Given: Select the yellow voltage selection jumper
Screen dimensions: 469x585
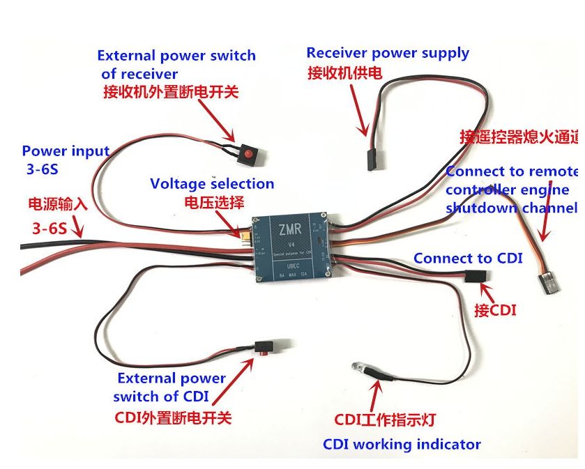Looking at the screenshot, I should [245, 240].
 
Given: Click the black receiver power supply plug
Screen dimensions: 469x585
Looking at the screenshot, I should [368, 157].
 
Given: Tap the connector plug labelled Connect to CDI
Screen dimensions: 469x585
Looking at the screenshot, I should [476, 276].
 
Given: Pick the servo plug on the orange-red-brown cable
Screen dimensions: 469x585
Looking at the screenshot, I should [546, 283].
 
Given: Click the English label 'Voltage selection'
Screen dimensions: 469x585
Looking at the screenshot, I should [212, 184].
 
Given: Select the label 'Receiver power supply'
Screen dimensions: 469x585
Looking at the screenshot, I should [388, 53].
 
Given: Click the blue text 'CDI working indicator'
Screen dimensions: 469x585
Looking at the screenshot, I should [402, 444].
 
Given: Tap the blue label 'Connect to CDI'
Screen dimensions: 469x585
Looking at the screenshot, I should [468, 258].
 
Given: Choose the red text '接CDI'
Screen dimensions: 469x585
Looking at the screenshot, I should [495, 310].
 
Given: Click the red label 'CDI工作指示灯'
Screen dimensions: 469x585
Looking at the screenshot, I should [385, 420].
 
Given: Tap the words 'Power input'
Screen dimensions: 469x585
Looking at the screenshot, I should [66, 151].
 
